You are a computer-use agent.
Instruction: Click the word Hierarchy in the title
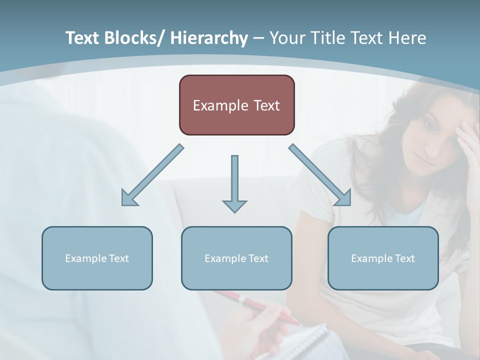pyautogui.click(x=209, y=38)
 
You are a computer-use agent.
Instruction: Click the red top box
pyautogui.click(x=236, y=105)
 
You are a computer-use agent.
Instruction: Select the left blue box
pyautogui.click(x=97, y=258)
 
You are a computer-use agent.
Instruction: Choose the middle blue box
pyautogui.click(x=236, y=258)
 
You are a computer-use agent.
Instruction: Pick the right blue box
pyautogui.click(x=383, y=258)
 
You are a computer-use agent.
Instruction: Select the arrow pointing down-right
pyautogui.click(x=320, y=175)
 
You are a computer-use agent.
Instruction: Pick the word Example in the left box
pyautogui.click(x=85, y=258)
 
